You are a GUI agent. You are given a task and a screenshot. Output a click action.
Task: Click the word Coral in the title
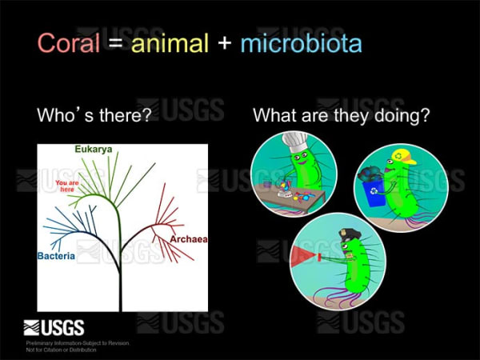click(69, 43)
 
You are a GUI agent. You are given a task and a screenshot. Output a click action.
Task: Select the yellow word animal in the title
click(169, 43)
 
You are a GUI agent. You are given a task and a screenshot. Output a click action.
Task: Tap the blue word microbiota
click(300, 43)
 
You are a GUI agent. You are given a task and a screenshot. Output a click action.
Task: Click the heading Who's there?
click(94, 115)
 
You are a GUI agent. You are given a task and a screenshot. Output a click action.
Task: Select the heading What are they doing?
click(342, 115)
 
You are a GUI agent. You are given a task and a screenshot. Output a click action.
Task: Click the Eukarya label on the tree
click(94, 150)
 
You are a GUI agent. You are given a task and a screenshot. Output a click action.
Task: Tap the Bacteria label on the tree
click(56, 257)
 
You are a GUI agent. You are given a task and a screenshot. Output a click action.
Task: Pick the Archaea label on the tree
click(189, 238)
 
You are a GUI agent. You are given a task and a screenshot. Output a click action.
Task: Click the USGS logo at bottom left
click(54, 326)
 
